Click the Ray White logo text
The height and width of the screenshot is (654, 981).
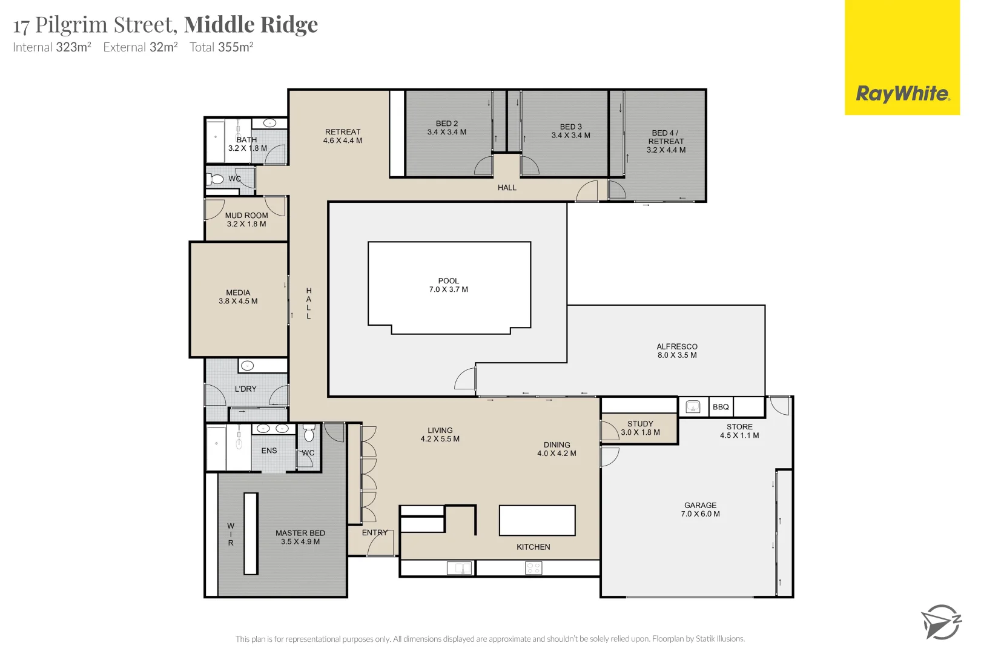coord(902,94)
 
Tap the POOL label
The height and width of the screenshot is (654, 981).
coord(449,281)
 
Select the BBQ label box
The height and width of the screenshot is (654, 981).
coord(721,407)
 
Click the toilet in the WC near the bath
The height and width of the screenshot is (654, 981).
coord(216,179)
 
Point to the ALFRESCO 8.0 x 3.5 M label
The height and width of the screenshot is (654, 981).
coord(677,351)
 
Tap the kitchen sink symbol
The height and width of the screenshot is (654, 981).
coord(459,568)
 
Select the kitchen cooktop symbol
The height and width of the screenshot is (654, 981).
coord(533,568)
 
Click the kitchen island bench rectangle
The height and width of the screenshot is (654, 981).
coord(537,521)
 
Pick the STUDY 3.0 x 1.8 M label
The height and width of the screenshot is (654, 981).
coord(640,428)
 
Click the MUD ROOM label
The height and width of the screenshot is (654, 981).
coord(246,216)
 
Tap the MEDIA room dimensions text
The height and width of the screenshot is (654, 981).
coord(238,301)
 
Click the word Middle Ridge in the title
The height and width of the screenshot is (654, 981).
coord(251,25)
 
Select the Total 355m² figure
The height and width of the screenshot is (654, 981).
coord(221,47)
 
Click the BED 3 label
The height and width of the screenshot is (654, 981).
coord(570,127)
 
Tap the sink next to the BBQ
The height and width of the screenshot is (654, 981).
coord(693,407)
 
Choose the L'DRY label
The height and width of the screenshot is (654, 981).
coord(245,389)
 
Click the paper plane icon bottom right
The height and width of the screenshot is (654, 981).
coord(940,621)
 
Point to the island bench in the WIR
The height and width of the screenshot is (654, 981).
coord(251,533)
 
